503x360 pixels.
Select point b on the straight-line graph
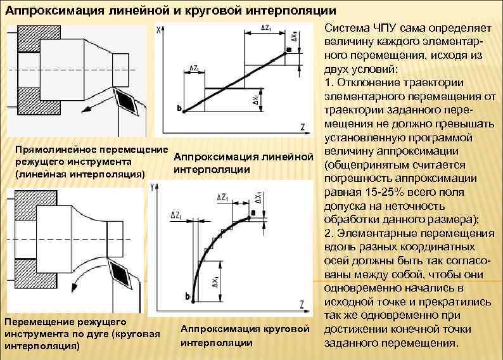(x=181, y=108)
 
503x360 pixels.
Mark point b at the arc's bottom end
(x=188, y=295)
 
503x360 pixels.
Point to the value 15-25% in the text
(x=383, y=191)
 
